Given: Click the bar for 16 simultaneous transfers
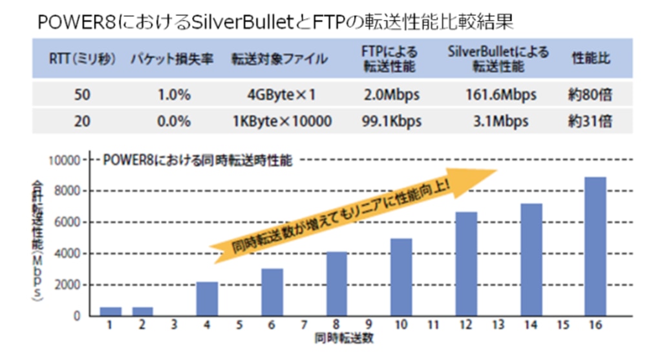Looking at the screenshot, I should click(x=595, y=246).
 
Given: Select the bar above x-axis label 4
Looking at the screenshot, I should click(x=207, y=299).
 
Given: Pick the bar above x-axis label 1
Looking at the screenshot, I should click(x=110, y=312).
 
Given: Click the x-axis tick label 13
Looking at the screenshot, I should click(x=498, y=326).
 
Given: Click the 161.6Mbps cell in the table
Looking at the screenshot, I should click(x=500, y=95).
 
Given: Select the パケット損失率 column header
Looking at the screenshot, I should click(x=172, y=59).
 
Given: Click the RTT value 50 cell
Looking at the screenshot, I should click(x=82, y=95).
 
